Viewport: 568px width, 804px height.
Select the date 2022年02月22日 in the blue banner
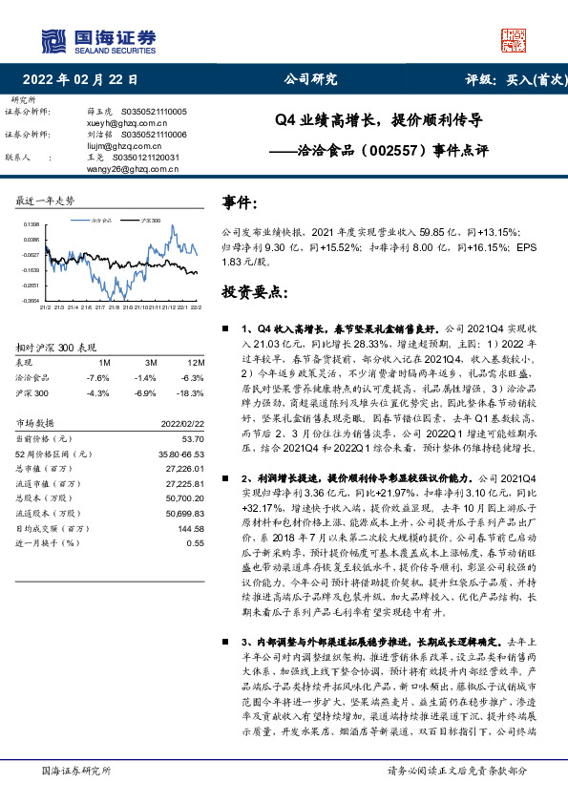tap(87, 80)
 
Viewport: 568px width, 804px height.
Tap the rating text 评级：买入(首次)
tap(513, 80)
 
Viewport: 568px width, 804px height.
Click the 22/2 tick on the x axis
tap(195, 307)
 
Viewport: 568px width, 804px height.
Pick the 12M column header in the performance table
tap(197, 363)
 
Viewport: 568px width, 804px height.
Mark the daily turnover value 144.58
tap(191, 527)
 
